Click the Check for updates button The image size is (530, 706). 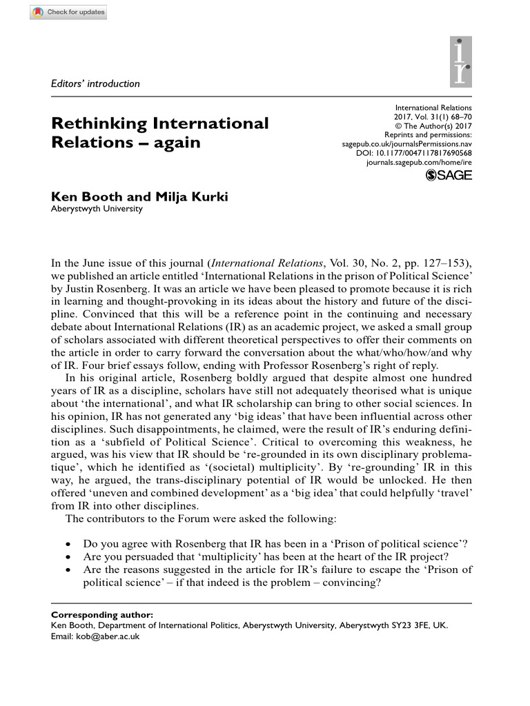(x=68, y=12)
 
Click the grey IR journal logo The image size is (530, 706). (x=461, y=61)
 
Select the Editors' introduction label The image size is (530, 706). (x=95, y=84)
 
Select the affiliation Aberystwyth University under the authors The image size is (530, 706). (x=97, y=209)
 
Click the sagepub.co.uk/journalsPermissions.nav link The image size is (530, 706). (x=407, y=143)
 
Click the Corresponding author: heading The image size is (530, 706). (x=102, y=614)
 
